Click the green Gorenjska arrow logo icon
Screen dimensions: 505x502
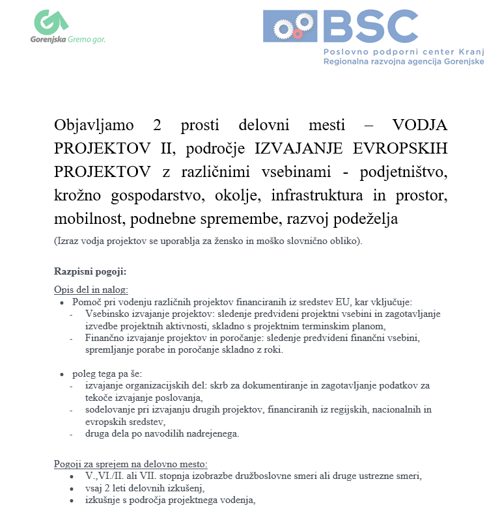click(51, 22)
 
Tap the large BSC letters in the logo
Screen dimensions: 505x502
click(370, 27)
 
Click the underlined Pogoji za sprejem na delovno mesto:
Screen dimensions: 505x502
click(130, 464)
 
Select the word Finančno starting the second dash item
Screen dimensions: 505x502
click(105, 338)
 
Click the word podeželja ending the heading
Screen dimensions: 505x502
click(362, 219)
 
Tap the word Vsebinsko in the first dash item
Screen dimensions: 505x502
click(107, 314)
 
